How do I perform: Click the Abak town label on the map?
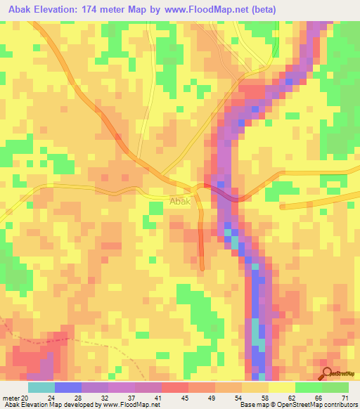pos(180,201)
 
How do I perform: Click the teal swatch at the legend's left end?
pos(41,387)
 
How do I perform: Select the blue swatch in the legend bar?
pos(67,387)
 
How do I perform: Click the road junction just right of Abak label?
pos(196,190)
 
